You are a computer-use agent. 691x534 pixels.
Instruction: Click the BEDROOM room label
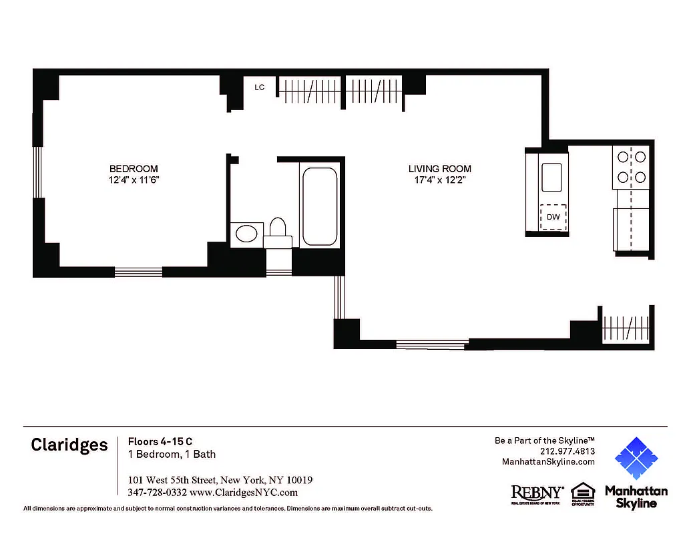click(x=134, y=168)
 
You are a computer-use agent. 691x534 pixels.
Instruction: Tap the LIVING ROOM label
click(x=440, y=169)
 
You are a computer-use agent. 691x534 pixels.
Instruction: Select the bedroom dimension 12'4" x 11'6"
click(x=134, y=180)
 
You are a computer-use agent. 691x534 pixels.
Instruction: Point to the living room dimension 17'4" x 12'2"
click(x=440, y=180)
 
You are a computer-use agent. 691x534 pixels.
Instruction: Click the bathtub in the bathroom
click(x=319, y=207)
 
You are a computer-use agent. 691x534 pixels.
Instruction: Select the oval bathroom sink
click(x=246, y=234)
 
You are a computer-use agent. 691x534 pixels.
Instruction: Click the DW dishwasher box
click(x=553, y=216)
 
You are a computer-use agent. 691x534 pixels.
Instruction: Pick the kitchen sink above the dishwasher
click(x=552, y=178)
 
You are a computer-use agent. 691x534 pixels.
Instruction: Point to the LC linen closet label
click(x=260, y=87)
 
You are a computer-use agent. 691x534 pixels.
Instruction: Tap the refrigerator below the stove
click(x=632, y=228)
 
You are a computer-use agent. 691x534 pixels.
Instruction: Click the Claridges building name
click(x=69, y=445)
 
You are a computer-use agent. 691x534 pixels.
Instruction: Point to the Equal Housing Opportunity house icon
click(x=582, y=491)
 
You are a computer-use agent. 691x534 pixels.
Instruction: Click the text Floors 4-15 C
click(x=160, y=441)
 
